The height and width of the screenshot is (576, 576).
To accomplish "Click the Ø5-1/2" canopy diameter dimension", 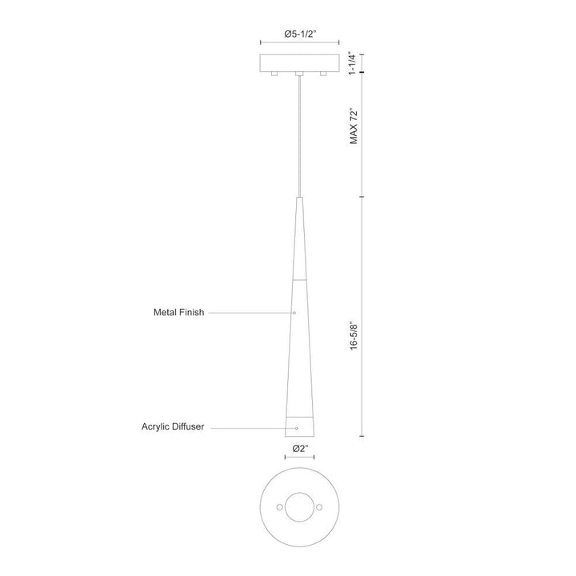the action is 300,34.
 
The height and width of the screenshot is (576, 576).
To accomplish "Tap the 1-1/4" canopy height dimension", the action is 353,63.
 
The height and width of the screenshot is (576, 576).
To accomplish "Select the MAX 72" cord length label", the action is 354,126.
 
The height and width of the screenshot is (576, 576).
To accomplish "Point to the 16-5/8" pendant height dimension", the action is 354,336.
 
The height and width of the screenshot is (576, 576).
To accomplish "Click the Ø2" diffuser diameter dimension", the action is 300,449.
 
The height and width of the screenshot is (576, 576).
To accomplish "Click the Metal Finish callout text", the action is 178,312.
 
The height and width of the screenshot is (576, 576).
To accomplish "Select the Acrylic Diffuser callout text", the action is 173,426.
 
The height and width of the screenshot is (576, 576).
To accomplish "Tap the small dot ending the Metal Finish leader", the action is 294,313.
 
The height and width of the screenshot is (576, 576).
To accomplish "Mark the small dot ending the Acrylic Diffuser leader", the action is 297,428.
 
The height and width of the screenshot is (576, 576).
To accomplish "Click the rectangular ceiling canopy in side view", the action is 299,63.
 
